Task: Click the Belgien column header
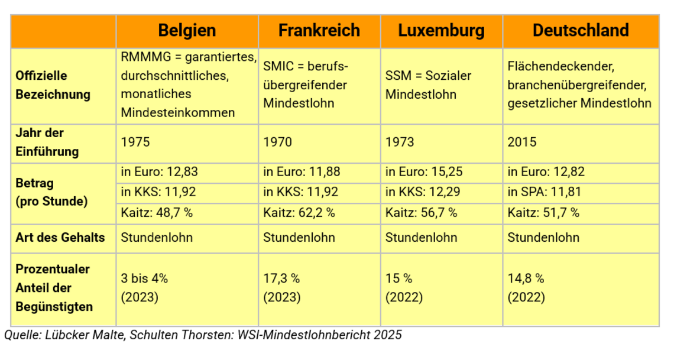click(187, 31)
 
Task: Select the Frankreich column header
click(319, 31)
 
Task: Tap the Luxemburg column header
click(441, 31)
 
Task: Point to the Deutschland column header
click(581, 31)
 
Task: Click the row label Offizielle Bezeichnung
click(53, 85)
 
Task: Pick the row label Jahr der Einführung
click(47, 142)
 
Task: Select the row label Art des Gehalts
click(60, 238)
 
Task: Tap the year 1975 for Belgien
click(135, 142)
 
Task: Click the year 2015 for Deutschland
click(522, 142)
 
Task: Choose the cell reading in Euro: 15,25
click(424, 172)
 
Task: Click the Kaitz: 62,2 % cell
click(299, 212)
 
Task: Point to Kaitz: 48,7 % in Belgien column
click(157, 212)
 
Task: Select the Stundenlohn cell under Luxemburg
click(421, 238)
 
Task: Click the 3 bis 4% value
click(144, 278)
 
